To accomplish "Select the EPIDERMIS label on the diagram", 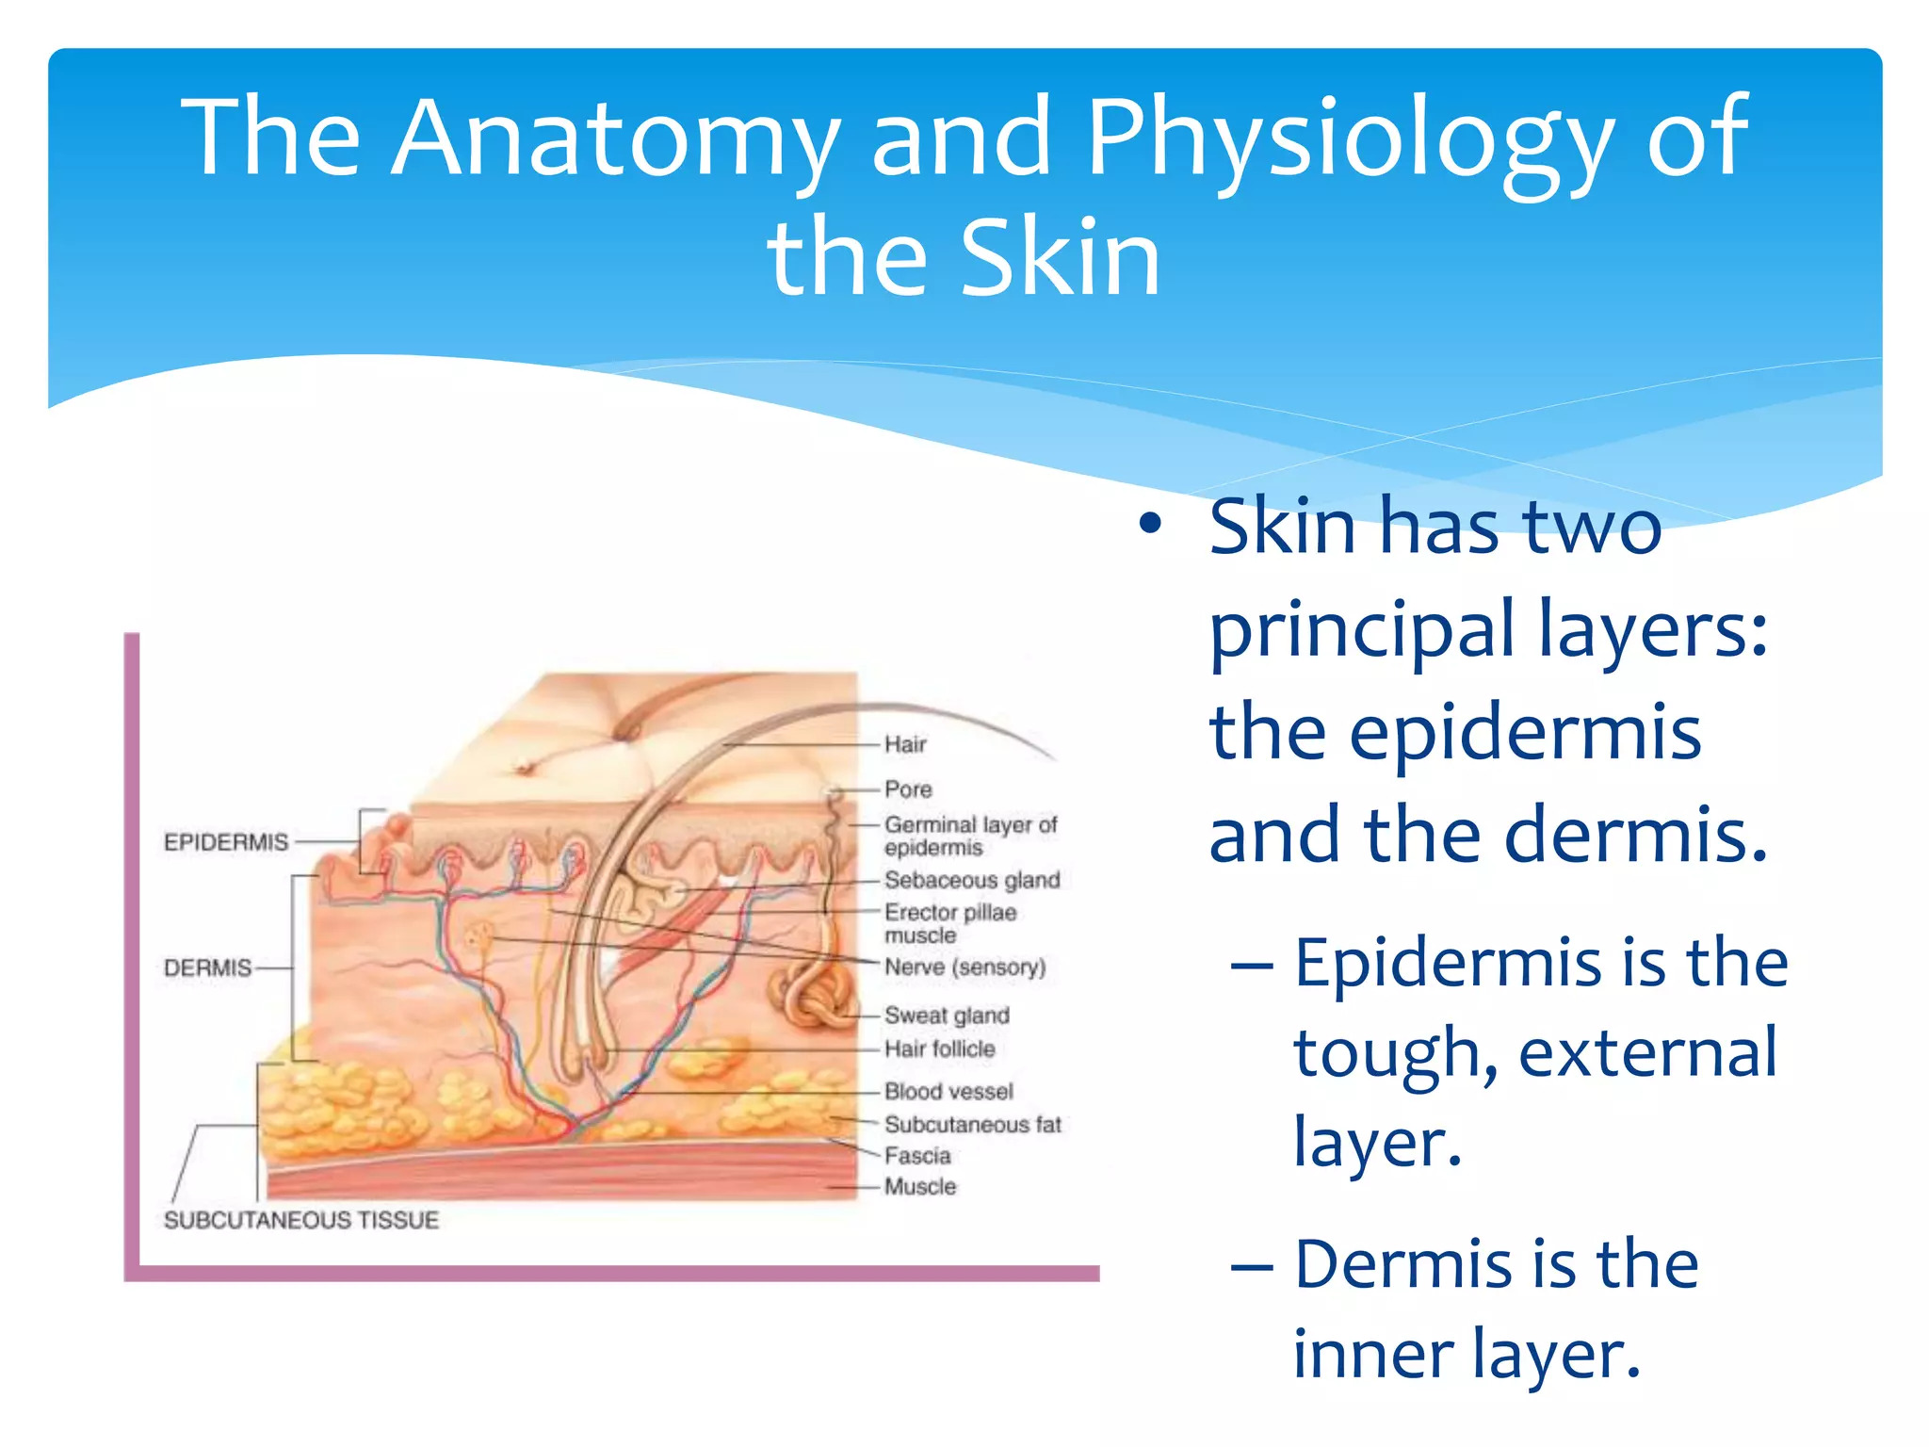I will click(x=226, y=841).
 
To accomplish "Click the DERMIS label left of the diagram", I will click(x=207, y=967).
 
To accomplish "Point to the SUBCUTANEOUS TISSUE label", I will click(x=301, y=1220).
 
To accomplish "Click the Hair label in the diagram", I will click(x=905, y=744).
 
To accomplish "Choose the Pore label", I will click(x=908, y=789).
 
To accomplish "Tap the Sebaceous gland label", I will click(x=972, y=880).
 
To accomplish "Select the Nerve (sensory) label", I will click(x=965, y=967).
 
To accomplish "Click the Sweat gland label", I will click(x=947, y=1016).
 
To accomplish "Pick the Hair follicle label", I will click(x=939, y=1049).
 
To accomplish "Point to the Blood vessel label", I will click(x=948, y=1091).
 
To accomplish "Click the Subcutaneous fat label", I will click(x=972, y=1124).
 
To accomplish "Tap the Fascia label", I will click(x=917, y=1155).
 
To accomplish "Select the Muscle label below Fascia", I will click(x=920, y=1186).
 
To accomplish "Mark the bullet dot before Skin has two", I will click(x=1149, y=524).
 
